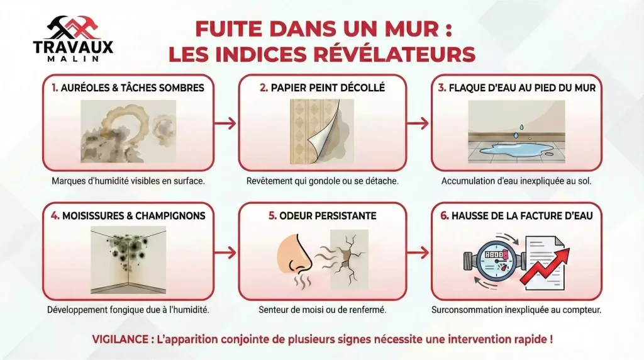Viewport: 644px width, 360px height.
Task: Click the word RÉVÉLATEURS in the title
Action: coord(392,54)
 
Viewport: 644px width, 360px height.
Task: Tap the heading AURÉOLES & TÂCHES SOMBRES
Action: coord(128,88)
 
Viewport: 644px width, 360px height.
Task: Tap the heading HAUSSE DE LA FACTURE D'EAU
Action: coord(516,216)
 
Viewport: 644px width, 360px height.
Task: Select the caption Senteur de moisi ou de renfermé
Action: coord(322,310)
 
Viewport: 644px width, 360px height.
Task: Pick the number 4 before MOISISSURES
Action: coord(55,216)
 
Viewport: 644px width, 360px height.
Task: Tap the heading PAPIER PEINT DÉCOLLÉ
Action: coord(322,88)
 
